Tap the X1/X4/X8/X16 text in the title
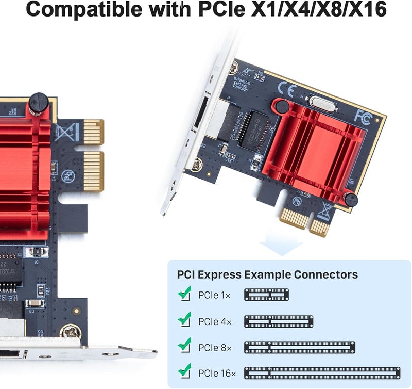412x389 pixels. pyautogui.click(x=319, y=9)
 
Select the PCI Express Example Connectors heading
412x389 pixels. pyautogui.click(x=267, y=274)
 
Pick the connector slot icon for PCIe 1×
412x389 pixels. pyautogui.click(x=266, y=295)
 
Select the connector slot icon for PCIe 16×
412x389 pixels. pyautogui.click(x=322, y=372)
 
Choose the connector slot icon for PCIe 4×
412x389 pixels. pyautogui.click(x=279, y=321)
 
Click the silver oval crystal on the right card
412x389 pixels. pyautogui.click(x=321, y=103)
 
